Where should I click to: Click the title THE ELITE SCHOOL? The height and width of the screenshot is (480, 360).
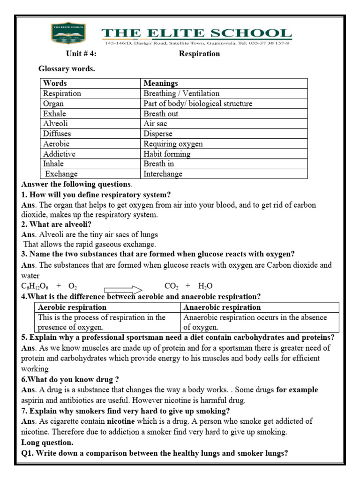coord(197,33)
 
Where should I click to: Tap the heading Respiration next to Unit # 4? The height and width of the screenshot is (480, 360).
coord(199,54)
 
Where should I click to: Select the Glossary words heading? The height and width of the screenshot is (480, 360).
coord(67,69)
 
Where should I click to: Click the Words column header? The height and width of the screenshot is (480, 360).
coord(55,83)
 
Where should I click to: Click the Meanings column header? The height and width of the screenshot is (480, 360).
coord(161,83)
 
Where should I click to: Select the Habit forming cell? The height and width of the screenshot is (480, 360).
coord(167,154)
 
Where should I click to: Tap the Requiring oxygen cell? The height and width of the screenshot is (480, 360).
coord(173,144)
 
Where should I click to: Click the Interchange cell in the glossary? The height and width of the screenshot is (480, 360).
coord(163,174)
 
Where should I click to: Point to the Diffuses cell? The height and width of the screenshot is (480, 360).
coord(57,134)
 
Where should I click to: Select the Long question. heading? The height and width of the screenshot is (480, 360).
coord(48,442)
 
